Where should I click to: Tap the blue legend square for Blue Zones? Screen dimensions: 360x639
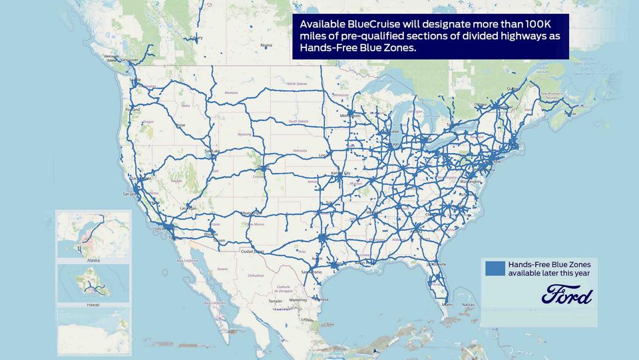(495, 268)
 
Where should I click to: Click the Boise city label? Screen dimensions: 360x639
(180, 124)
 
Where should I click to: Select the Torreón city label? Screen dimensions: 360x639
(274, 301)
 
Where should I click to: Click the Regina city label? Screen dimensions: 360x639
(267, 46)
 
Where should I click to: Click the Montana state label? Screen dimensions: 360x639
(231, 92)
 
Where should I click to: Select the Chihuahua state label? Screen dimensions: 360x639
(256, 275)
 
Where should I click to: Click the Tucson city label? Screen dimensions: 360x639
(219, 240)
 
